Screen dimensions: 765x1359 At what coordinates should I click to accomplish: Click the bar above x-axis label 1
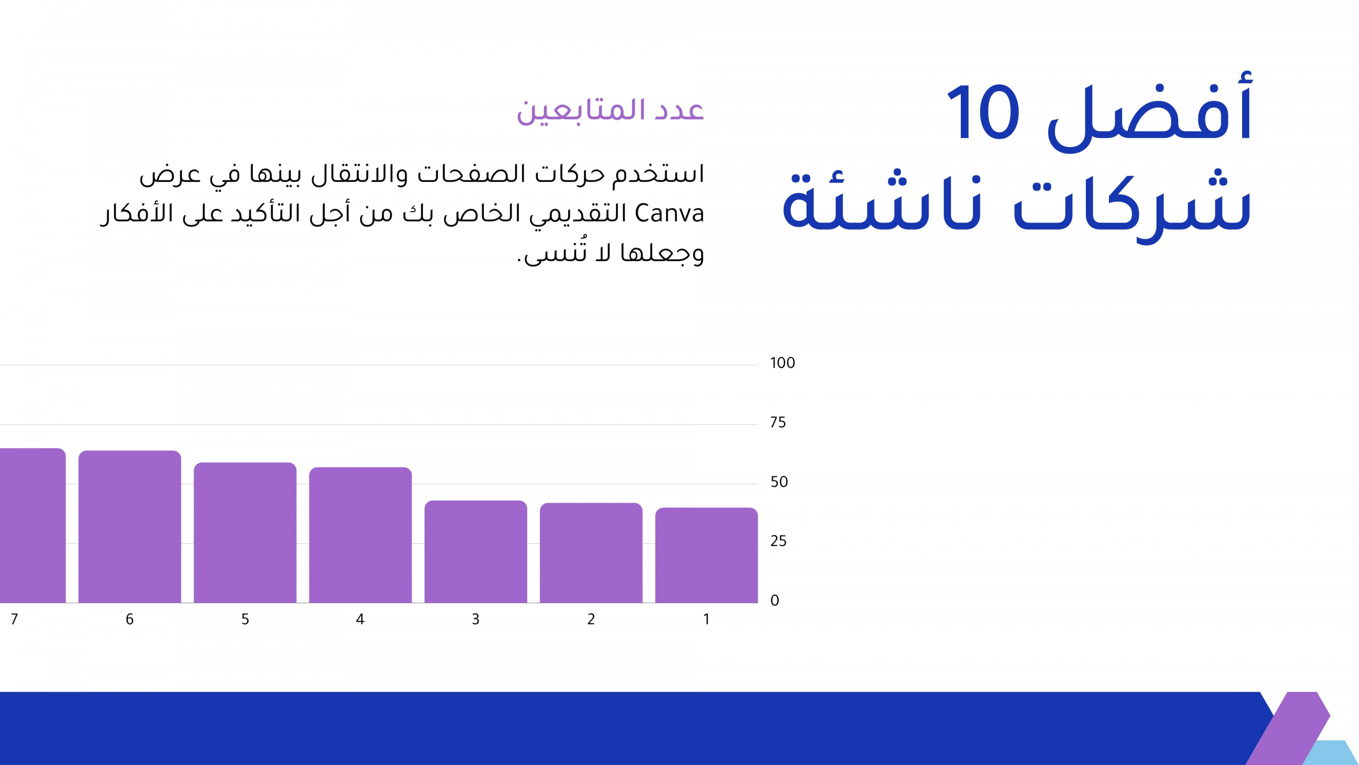(706, 556)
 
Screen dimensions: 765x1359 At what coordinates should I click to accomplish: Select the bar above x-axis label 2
(591, 553)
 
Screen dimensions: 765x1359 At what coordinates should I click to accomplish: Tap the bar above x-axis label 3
(475, 552)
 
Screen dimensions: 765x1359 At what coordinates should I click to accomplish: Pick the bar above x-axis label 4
(360, 535)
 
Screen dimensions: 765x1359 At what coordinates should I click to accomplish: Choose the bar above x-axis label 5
(245, 533)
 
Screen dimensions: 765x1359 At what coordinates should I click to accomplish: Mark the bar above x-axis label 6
(130, 527)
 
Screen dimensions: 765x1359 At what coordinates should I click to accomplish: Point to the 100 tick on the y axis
(782, 363)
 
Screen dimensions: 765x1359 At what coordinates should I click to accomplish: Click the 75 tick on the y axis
(778, 423)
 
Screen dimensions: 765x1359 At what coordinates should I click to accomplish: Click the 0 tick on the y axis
(775, 601)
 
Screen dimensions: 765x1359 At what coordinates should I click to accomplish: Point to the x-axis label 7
(14, 619)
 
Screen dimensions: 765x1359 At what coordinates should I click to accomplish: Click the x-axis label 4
(360, 619)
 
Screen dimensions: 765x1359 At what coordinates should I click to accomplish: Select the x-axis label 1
(706, 619)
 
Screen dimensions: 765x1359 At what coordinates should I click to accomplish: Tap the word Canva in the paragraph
(670, 214)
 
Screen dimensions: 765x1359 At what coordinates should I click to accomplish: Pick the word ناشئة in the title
(881, 203)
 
